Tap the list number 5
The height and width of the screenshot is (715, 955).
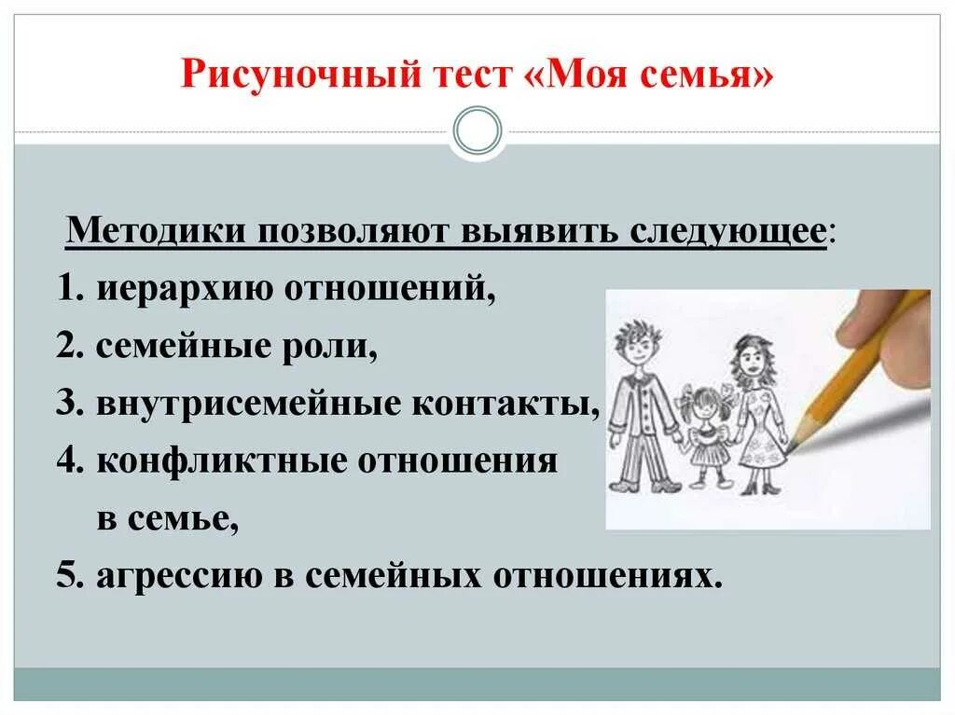[x=65, y=576]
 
